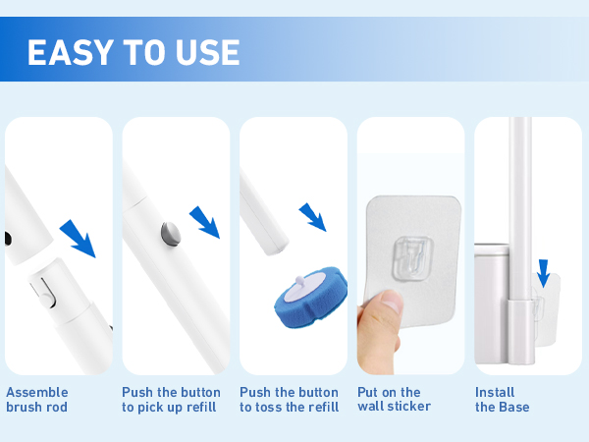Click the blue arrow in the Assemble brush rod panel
[79, 239]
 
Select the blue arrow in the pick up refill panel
[205, 222]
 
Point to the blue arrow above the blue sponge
[312, 217]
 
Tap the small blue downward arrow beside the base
[543, 273]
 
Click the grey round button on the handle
[171, 234]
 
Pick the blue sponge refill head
[311, 297]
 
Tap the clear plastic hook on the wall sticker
[412, 258]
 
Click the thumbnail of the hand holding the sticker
[380, 331]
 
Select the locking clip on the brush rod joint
[44, 293]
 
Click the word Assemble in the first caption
[37, 392]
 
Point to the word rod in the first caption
[57, 407]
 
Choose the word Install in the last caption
[495, 392]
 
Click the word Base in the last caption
[513, 407]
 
